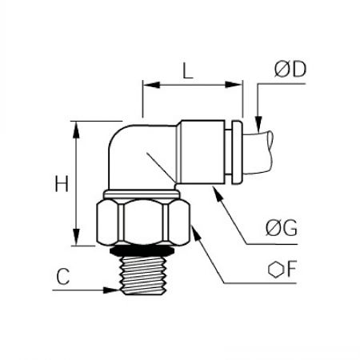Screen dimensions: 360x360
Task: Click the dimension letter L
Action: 187,70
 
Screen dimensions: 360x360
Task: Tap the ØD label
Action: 290,70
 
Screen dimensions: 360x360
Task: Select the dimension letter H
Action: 62,183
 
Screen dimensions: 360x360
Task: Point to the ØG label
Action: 282,228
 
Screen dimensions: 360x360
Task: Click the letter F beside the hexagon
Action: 292,269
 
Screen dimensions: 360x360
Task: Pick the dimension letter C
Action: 63,276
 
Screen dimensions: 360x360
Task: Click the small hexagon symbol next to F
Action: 276,270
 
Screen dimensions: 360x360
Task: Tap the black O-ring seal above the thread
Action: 142,250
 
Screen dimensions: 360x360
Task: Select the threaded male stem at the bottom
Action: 143,275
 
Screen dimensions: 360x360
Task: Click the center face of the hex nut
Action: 143,222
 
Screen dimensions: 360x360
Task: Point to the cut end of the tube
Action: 270,151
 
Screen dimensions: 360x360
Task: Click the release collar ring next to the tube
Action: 237,152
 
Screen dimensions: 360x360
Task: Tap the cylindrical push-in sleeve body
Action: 201,152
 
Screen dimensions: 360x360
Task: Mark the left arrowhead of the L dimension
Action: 151,85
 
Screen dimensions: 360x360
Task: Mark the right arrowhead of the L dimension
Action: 234,85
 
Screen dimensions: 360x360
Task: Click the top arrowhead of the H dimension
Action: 76,130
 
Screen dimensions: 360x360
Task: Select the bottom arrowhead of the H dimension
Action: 76,237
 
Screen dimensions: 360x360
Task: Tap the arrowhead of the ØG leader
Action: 218,194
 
